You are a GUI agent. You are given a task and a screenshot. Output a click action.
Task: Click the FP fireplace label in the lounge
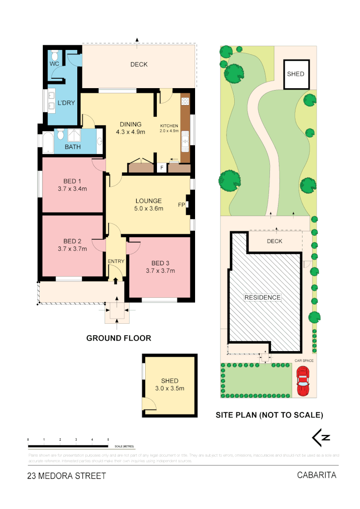[181, 205]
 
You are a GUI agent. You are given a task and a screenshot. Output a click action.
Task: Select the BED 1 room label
[73, 181]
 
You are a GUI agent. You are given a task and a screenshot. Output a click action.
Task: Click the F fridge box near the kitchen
[161, 167]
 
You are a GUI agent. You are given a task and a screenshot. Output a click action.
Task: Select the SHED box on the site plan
[296, 74]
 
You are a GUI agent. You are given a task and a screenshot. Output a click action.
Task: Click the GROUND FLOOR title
[119, 338]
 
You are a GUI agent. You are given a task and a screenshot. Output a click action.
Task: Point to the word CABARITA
[316, 475]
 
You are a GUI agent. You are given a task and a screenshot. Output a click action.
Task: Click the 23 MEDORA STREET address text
[67, 476]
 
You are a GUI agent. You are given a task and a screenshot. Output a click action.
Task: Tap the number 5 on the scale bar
[108, 439]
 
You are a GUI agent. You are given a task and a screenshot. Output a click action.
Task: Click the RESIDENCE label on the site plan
[262, 297]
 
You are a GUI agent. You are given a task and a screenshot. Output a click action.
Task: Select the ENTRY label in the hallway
[115, 262]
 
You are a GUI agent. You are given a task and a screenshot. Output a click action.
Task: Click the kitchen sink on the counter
[185, 140]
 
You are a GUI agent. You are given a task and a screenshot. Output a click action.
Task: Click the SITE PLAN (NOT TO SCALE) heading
[269, 415]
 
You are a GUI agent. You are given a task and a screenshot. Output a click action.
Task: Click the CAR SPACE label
[304, 361]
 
